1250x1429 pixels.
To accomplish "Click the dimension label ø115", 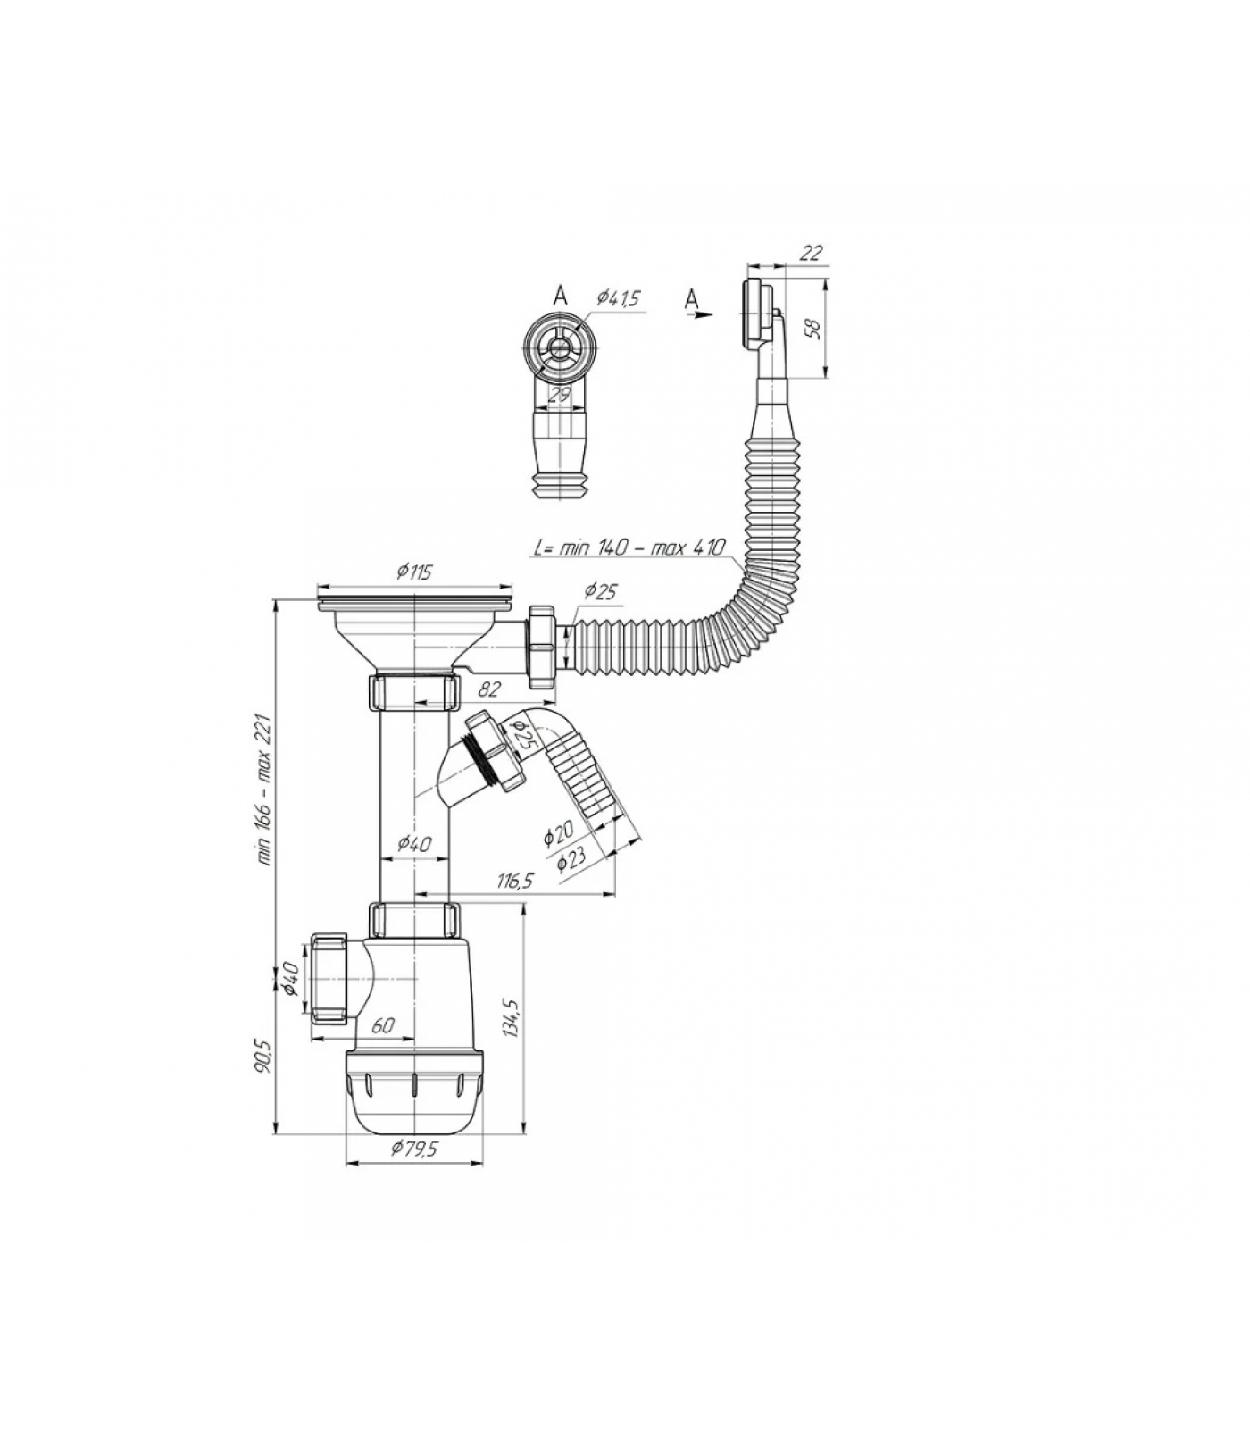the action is coord(413,572).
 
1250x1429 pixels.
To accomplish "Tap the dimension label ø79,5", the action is coord(414,1149).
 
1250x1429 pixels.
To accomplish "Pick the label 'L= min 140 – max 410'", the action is coord(629,547).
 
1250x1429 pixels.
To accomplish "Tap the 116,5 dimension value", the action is coord(514,881).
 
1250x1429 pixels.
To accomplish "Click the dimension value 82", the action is coord(490,689).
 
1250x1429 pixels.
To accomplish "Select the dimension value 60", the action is coord(382,1026).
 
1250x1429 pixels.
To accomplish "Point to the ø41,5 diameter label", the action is coord(619,298).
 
